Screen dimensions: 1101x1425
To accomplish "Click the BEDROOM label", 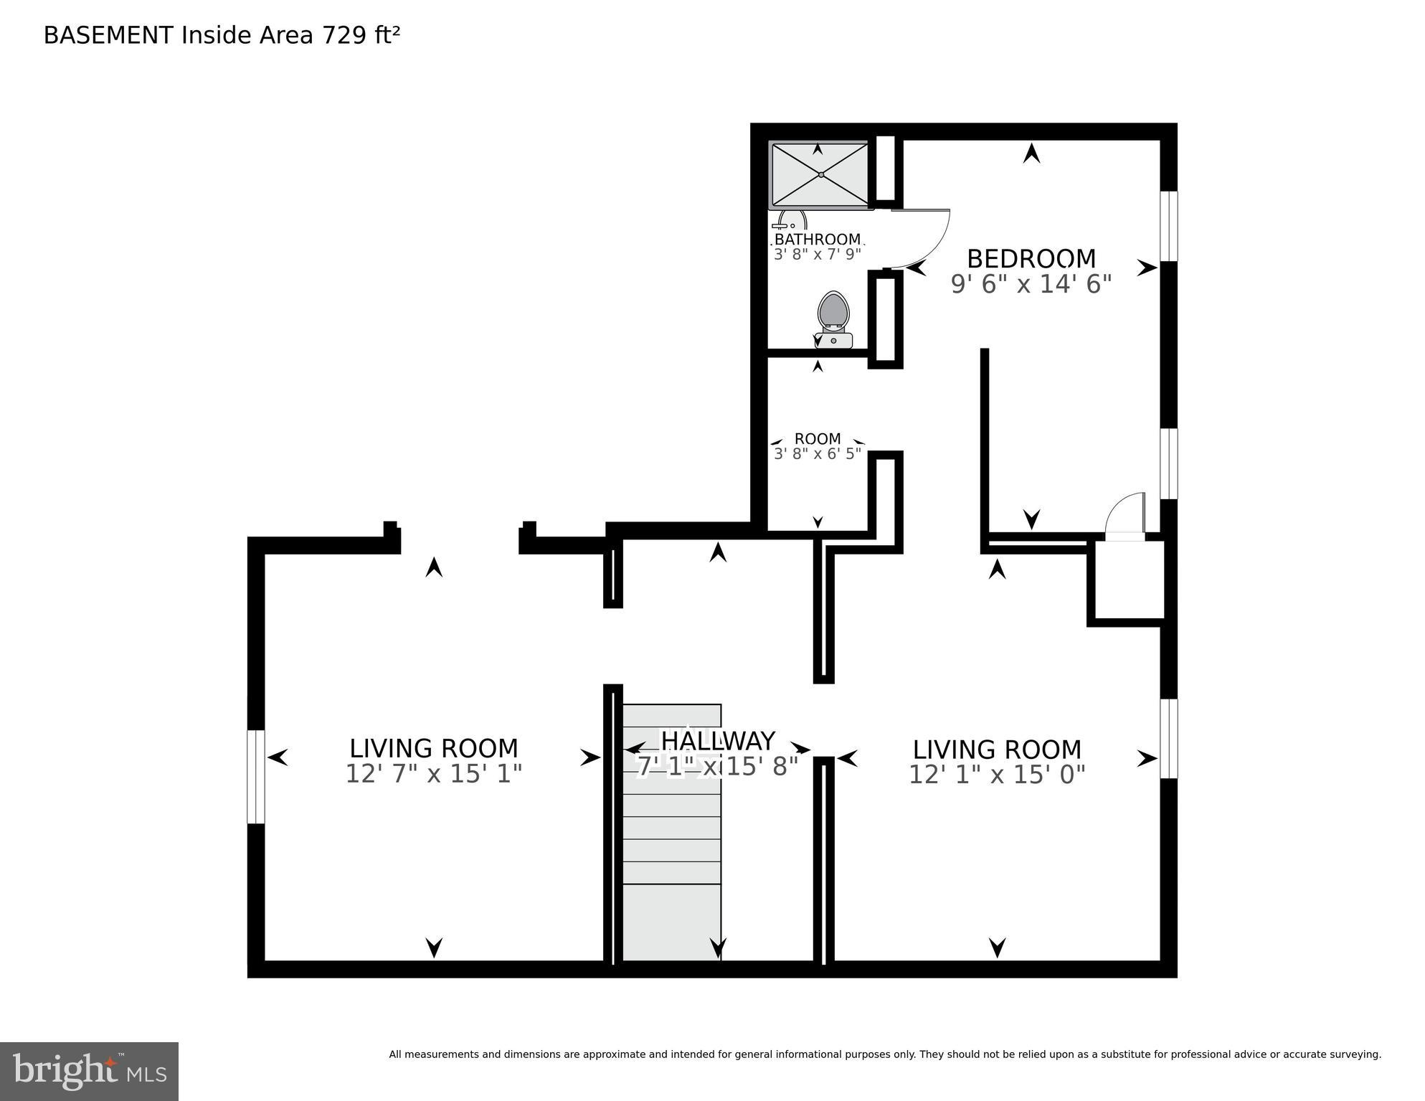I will pyautogui.click(x=1031, y=258).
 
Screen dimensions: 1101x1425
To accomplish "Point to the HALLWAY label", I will pyautogui.click(x=717, y=740).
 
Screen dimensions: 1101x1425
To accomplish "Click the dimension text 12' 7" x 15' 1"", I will pyautogui.click(x=433, y=775).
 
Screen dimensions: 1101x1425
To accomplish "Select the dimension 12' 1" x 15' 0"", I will pyautogui.click(x=996, y=775).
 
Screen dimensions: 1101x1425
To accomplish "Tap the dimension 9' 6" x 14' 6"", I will pyautogui.click(x=1031, y=285).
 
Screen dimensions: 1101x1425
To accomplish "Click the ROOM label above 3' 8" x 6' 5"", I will pyautogui.click(x=817, y=438).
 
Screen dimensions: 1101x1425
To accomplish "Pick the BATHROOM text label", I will pyautogui.click(x=817, y=239).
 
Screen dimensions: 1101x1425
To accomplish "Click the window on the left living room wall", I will pyautogui.click(x=256, y=776).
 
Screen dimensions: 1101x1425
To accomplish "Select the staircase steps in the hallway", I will pyautogui.click(x=671, y=832).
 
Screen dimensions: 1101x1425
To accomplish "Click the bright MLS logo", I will pyautogui.click(x=89, y=1071).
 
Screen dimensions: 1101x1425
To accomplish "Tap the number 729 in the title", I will pyautogui.click(x=344, y=35).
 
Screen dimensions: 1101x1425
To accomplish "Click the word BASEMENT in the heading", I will pyautogui.click(x=108, y=35).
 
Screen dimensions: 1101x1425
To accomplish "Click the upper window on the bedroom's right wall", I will pyautogui.click(x=1168, y=226).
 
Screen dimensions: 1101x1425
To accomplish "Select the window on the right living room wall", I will pyautogui.click(x=1168, y=738).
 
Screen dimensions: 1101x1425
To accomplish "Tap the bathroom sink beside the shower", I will pyautogui.click(x=789, y=221).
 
